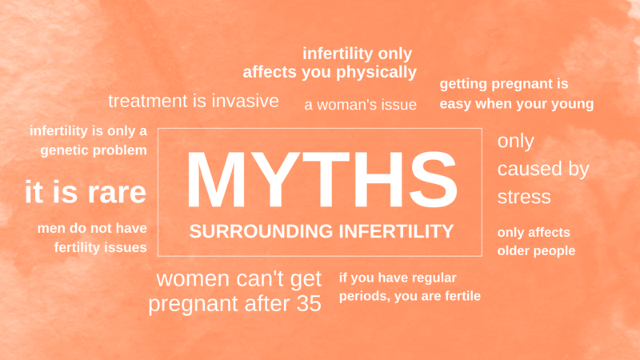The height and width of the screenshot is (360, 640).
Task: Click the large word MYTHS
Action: click(321, 178)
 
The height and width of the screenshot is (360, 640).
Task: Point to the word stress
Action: click(524, 196)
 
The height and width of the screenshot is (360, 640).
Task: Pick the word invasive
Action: click(240, 101)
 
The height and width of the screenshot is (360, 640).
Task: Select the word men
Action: click(50, 228)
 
